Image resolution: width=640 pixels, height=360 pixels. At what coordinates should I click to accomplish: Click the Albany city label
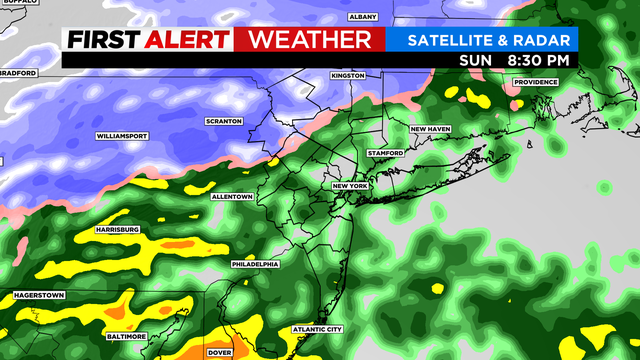(361, 17)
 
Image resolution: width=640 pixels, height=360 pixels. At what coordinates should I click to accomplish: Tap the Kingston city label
(348, 76)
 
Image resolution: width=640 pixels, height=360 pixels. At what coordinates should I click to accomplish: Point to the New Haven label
(431, 129)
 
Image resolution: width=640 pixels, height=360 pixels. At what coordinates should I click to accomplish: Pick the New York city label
(351, 186)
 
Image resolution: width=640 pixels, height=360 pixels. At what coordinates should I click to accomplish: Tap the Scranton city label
(224, 121)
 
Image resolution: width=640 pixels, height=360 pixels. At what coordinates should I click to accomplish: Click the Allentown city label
(231, 197)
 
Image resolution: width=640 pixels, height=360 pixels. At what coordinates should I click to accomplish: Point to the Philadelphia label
(254, 264)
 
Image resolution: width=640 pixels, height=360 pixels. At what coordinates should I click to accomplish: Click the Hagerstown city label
(38, 296)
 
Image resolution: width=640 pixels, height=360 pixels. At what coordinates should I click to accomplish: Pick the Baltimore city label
(127, 337)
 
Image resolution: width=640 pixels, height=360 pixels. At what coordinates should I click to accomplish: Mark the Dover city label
(219, 353)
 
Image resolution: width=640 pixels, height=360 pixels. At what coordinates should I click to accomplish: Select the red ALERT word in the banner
(187, 40)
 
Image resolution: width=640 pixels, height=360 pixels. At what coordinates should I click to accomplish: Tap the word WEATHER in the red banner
(309, 40)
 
